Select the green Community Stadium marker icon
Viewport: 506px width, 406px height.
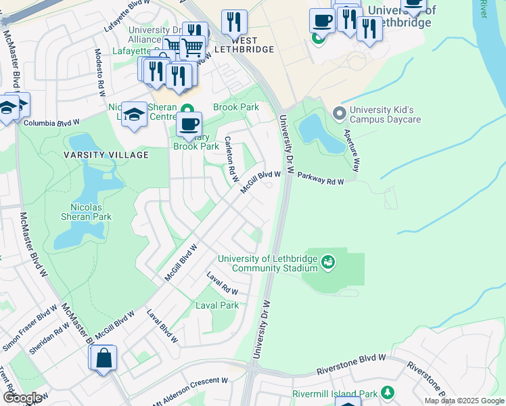(328, 261)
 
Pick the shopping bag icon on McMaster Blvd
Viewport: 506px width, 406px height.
(104, 359)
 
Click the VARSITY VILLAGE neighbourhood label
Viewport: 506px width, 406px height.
(106, 155)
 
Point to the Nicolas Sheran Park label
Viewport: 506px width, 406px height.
(91, 212)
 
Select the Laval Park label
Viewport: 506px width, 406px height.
(216, 305)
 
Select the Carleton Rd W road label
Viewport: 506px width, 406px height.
(231, 160)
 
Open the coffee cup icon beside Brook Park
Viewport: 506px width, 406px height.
(189, 125)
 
